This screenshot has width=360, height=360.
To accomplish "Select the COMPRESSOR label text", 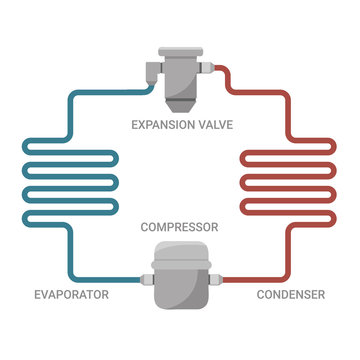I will [x=180, y=227].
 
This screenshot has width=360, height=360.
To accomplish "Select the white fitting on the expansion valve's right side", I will [x=204, y=67].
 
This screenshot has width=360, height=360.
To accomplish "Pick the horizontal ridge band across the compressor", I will [x=180, y=264].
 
